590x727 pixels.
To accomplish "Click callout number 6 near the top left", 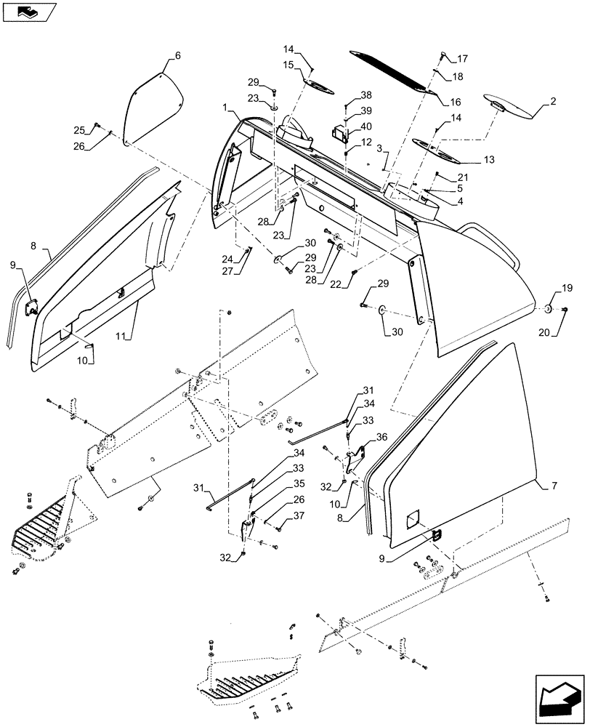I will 178,56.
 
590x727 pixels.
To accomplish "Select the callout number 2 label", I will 553,102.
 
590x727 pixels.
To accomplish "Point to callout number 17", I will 462,59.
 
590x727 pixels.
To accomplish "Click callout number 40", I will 365,126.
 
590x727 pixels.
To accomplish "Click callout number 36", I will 381,438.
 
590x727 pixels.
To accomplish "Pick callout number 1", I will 229,108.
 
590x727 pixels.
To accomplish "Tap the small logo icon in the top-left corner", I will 28,10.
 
